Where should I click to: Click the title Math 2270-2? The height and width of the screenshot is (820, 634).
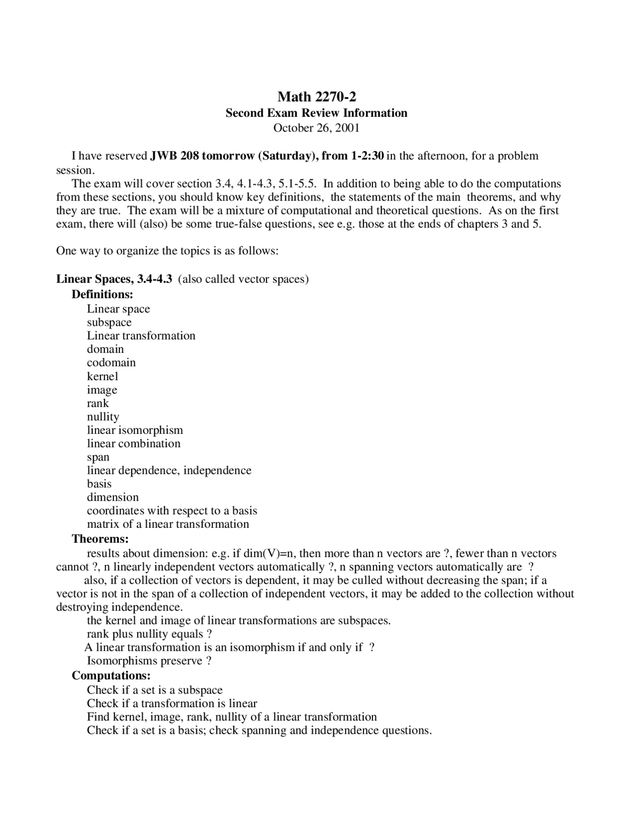tap(317, 96)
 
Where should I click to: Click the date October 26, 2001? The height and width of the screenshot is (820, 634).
tap(317, 128)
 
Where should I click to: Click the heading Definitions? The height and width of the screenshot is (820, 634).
tap(103, 294)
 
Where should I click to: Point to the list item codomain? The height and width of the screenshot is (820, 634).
tap(111, 362)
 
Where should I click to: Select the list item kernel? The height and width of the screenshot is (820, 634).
tap(103, 376)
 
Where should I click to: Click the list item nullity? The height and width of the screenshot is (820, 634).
tap(103, 417)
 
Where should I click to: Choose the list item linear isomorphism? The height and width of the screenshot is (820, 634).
tap(135, 430)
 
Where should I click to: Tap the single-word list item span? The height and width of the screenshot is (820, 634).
tap(98, 457)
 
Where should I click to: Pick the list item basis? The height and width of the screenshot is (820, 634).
tap(99, 484)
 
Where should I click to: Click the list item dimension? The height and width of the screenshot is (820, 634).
tap(112, 497)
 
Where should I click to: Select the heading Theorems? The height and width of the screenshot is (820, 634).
tap(100, 538)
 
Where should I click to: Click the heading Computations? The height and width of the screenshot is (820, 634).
tap(111, 675)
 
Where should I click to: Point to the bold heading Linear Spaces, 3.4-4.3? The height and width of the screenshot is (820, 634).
tap(114, 279)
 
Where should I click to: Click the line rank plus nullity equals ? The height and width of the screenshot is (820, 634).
tap(149, 634)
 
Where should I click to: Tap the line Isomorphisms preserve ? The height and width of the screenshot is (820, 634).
tap(149, 661)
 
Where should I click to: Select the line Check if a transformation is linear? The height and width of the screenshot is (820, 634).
tap(172, 704)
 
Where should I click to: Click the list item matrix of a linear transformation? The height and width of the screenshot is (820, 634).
tap(168, 524)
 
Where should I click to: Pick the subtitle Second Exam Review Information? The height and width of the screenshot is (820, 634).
tap(317, 113)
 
